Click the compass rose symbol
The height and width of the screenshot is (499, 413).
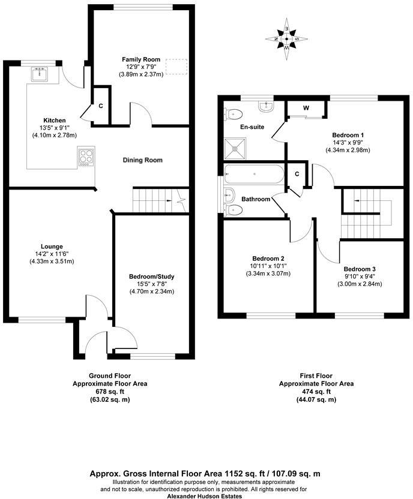click(x=288, y=40)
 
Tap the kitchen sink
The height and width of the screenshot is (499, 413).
click(x=41, y=74)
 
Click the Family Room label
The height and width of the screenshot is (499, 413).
click(x=141, y=59)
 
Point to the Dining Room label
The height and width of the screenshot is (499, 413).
click(x=143, y=160)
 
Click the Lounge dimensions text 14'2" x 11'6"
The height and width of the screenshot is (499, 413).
click(x=40, y=254)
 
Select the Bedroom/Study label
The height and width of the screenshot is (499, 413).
click(x=151, y=276)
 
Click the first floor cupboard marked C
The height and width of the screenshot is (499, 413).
click(x=297, y=174)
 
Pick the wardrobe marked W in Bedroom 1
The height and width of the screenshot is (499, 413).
click(x=306, y=109)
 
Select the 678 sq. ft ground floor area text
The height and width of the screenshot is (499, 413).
click(x=110, y=391)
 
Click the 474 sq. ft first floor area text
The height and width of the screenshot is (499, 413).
click(x=316, y=391)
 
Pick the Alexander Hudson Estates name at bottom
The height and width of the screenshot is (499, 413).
click(x=205, y=496)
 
